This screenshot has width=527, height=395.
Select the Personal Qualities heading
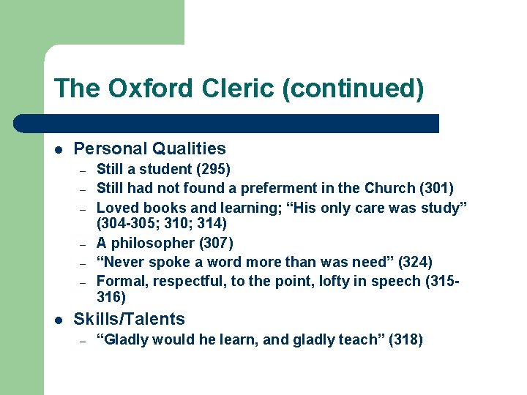click(x=150, y=148)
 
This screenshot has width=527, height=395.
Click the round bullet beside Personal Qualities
click(x=59, y=149)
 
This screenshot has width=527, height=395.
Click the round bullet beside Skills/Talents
click(x=59, y=320)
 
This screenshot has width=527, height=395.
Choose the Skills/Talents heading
click(x=130, y=319)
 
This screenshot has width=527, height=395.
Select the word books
click(x=157, y=208)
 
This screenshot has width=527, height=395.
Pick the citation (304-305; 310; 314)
click(x=162, y=223)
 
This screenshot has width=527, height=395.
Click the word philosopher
click(x=154, y=243)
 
